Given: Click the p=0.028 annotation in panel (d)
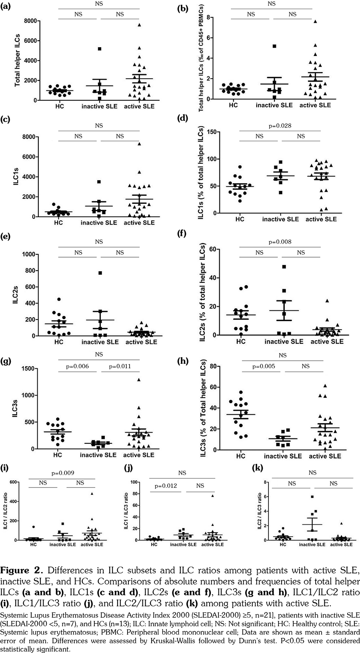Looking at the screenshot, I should tap(280, 126).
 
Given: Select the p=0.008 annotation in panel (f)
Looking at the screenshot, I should tap(280, 242).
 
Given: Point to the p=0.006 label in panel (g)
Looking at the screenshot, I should tap(78, 366).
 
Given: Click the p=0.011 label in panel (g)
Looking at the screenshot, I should tap(120, 366).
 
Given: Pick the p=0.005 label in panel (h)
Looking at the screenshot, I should tap(264, 366).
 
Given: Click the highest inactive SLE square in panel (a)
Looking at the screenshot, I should tap(100, 49).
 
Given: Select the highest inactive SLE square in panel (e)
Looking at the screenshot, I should tap(100, 273).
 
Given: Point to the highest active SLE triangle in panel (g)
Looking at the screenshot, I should tap(139, 379).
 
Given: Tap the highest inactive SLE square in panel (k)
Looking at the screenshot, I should tap(312, 497).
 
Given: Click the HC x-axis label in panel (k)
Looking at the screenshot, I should tap(283, 544).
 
